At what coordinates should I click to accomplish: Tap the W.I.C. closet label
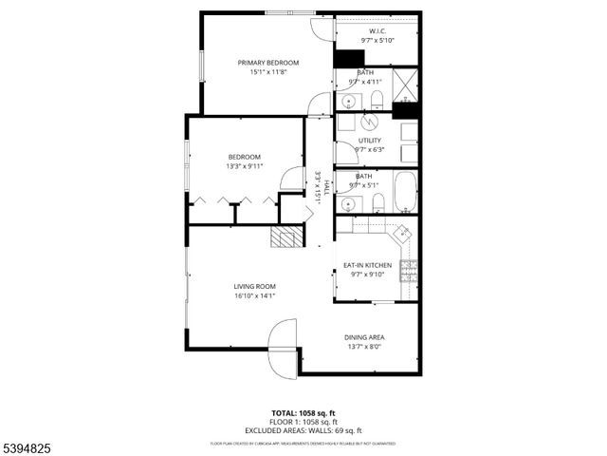pyautogui.click(x=377, y=31)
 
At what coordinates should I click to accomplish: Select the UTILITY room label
pyautogui.click(x=369, y=141)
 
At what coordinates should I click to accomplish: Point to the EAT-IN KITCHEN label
pyautogui.click(x=368, y=265)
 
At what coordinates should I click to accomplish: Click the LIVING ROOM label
pyautogui.click(x=254, y=286)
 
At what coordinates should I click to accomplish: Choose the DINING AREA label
pyautogui.click(x=364, y=337)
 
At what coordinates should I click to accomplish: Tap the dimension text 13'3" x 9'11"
pyautogui.click(x=245, y=166)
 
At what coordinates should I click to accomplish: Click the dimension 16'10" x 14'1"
pyautogui.click(x=254, y=295)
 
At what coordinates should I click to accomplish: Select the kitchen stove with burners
pyautogui.click(x=409, y=272)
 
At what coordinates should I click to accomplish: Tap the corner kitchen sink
pyautogui.click(x=403, y=231)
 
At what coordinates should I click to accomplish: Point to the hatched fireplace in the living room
pyautogui.click(x=285, y=237)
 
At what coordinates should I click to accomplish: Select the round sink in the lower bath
pyautogui.click(x=343, y=199)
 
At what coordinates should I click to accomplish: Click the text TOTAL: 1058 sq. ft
pyautogui.click(x=303, y=412)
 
